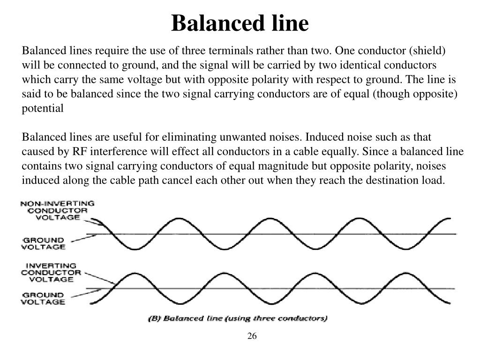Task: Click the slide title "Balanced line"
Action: (240, 23)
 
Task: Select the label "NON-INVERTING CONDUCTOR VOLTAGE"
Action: (57, 210)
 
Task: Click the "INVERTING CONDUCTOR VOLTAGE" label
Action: (51, 272)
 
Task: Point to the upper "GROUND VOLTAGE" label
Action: (43, 243)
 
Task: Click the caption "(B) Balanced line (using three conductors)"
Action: (238, 319)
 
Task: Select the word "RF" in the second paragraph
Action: (77, 152)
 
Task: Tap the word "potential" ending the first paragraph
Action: (43, 108)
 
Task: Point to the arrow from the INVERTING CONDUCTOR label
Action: (99, 278)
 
